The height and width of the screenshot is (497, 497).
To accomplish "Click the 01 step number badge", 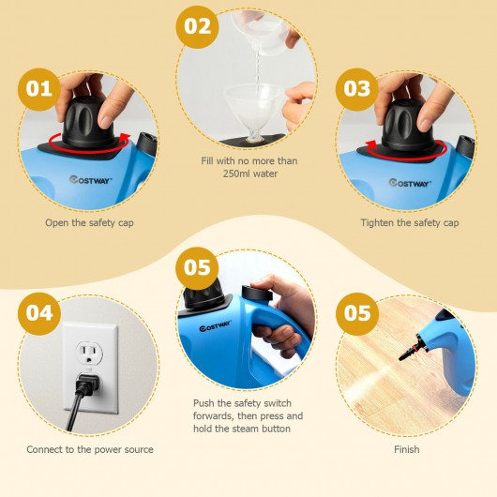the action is [x=39, y=89].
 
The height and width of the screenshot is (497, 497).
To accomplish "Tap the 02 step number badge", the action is [x=198, y=27].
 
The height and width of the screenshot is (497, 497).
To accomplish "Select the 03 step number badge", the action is [x=357, y=89].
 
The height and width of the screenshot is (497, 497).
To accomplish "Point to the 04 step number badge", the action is [x=39, y=314].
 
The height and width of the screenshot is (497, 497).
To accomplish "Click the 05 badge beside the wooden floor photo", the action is [x=357, y=314].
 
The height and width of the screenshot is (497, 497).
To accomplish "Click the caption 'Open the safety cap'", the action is [x=89, y=223].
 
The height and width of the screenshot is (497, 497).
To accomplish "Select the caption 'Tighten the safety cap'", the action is [x=410, y=223].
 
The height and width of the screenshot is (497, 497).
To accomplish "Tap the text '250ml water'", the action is [x=250, y=173].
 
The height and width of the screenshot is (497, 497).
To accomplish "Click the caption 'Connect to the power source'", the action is [x=90, y=449].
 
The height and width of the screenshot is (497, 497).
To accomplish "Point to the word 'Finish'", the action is [x=407, y=449].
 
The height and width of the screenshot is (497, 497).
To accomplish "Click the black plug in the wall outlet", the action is [x=86, y=385].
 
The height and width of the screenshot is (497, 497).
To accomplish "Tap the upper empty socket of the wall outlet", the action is [x=89, y=354].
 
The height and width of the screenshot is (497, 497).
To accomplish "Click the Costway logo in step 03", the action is [x=410, y=183].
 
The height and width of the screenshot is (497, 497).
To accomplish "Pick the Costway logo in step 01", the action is [x=91, y=180].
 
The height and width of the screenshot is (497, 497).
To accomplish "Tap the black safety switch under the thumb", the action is [x=257, y=294].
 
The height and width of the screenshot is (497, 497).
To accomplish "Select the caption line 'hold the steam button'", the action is [x=242, y=429].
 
